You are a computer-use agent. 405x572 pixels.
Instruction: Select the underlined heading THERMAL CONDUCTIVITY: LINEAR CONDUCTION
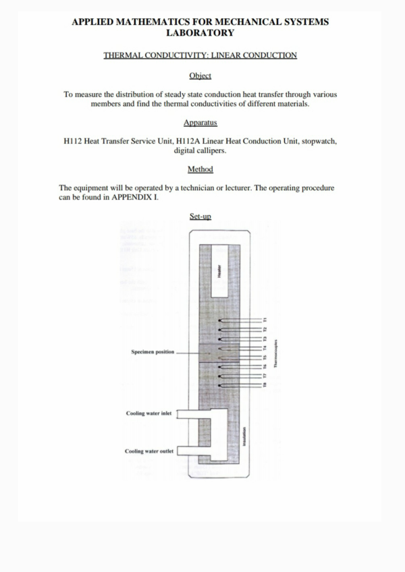pos(200,55)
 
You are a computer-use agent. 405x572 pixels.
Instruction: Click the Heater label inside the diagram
pos(219,272)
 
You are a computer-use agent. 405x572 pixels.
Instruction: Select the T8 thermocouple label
pos(265,385)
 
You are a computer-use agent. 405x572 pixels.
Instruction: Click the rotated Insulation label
pos(244,436)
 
